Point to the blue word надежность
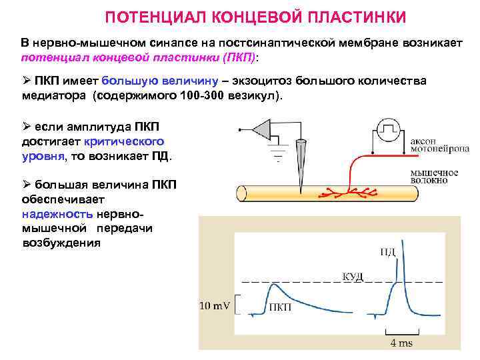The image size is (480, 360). click(x=57, y=214)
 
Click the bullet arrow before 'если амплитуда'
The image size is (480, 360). click(x=26, y=127)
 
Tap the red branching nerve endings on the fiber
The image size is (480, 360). click(x=347, y=193)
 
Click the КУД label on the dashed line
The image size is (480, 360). click(x=353, y=275)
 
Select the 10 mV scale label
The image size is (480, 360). click(x=215, y=306)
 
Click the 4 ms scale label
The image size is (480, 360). click(x=401, y=343)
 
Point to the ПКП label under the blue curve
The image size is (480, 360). click(x=279, y=307)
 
